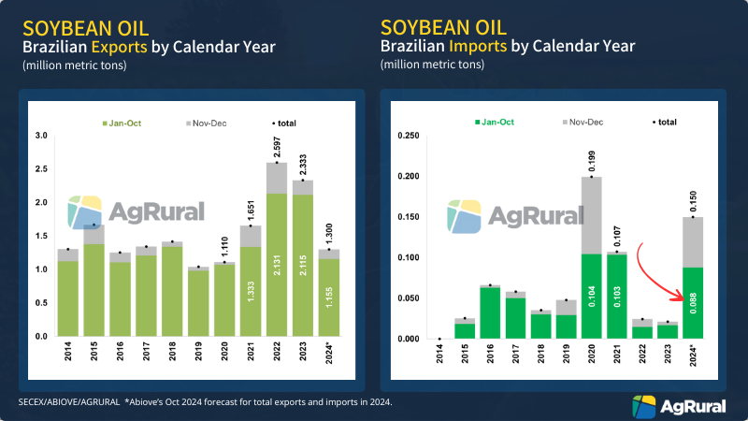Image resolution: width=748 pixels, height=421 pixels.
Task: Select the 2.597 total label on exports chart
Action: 278,145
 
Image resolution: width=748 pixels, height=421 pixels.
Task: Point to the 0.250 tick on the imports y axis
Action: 405,136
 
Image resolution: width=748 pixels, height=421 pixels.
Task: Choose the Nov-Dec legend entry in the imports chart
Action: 585,122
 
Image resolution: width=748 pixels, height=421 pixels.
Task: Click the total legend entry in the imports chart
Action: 666,122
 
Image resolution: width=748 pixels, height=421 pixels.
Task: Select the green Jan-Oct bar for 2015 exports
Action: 94,290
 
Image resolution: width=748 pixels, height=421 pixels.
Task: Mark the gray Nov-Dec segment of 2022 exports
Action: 278,178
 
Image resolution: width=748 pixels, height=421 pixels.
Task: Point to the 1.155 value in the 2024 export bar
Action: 329,298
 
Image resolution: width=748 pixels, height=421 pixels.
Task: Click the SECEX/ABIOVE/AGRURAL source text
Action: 70,401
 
